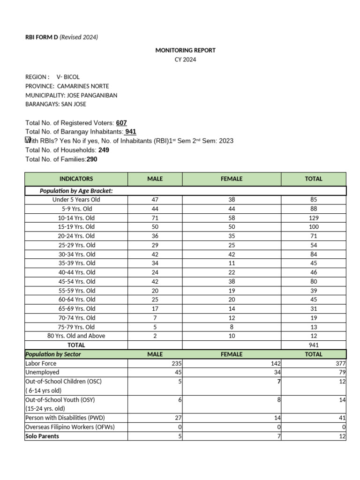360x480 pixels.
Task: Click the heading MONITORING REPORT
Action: (x=185, y=50)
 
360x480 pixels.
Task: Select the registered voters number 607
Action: (x=121, y=123)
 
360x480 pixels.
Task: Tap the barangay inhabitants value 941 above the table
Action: (x=131, y=132)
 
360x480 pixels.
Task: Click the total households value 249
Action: (x=104, y=150)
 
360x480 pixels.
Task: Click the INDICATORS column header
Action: (x=76, y=179)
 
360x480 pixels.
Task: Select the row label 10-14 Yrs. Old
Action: (x=76, y=218)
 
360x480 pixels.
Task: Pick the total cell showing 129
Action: (x=314, y=218)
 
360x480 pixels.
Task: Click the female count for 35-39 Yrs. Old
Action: (x=232, y=263)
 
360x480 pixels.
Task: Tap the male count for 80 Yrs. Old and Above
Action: (x=155, y=336)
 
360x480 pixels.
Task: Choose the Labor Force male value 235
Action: (x=176, y=363)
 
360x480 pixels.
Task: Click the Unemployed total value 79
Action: (x=342, y=372)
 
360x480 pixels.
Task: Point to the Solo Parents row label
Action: (x=42, y=436)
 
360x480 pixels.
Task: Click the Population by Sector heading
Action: (x=53, y=354)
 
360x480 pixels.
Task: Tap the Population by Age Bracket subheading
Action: (x=76, y=191)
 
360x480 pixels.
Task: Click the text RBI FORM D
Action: (x=42, y=37)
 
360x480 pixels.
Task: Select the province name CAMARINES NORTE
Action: (x=83, y=86)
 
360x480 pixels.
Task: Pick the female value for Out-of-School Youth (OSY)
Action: (x=278, y=399)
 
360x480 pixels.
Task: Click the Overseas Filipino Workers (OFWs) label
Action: (x=70, y=427)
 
